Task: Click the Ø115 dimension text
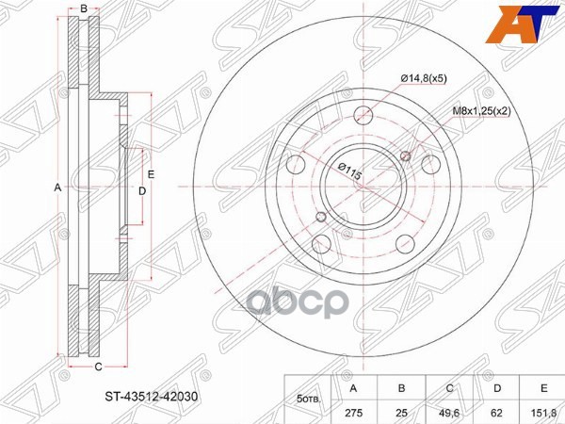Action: pos(349,174)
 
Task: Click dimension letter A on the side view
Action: pos(57,188)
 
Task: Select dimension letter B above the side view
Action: pos(84,9)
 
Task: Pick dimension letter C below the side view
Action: pos(97,366)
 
